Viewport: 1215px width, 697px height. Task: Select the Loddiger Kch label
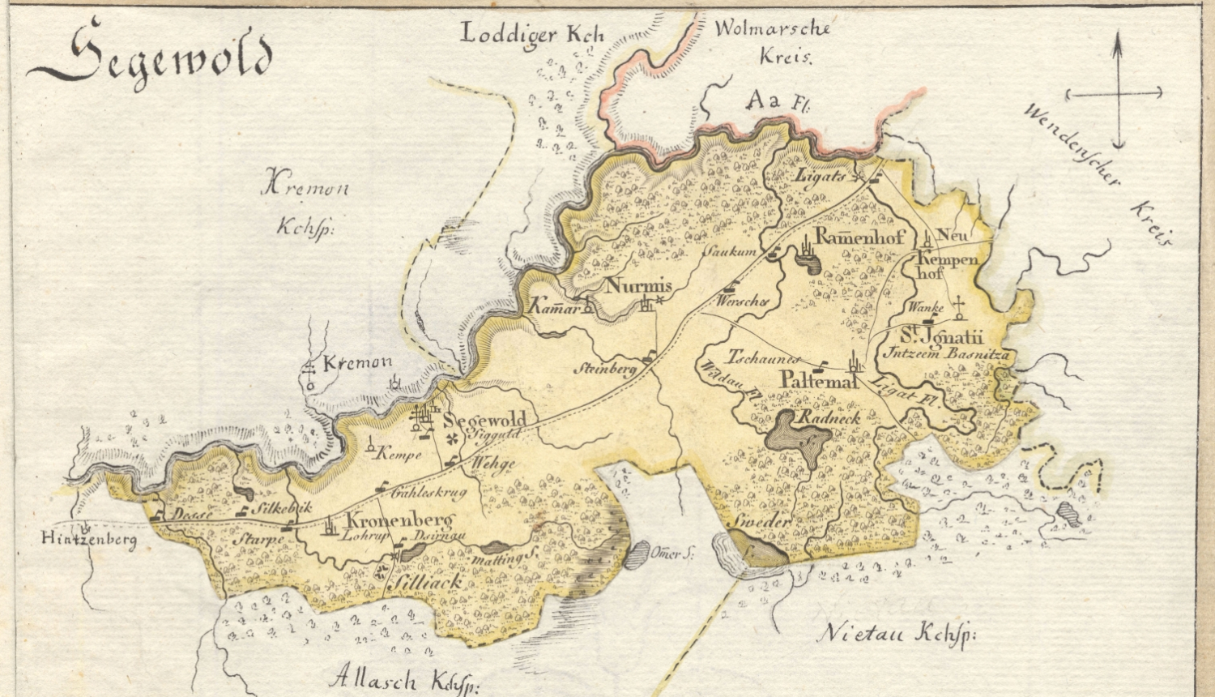point(531,35)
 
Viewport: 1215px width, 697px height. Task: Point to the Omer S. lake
point(637,554)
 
